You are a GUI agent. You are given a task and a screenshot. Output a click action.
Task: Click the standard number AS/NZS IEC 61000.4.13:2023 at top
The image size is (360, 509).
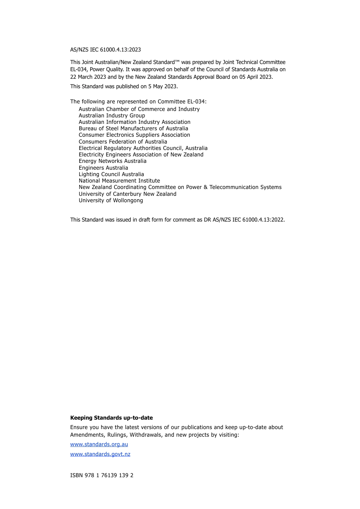point(105,50)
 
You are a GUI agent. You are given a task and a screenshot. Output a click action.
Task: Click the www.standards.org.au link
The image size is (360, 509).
point(99,444)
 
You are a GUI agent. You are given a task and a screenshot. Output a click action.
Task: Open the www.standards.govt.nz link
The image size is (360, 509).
point(100,454)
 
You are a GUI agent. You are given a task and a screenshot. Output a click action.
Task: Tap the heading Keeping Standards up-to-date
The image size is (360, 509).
point(111,418)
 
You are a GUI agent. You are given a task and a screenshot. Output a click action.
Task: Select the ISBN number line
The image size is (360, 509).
point(102,475)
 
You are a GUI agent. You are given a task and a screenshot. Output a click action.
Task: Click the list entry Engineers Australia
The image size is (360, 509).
point(103,168)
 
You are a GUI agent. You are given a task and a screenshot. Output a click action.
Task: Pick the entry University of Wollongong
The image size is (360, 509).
point(111,200)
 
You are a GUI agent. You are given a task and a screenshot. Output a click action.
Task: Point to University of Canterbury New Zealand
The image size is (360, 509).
point(127,194)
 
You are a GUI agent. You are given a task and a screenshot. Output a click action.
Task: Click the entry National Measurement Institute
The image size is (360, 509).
point(119,181)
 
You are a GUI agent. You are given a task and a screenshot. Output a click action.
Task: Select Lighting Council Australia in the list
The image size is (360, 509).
point(111,174)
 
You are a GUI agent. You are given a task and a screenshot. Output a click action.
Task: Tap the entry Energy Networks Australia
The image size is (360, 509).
point(112,161)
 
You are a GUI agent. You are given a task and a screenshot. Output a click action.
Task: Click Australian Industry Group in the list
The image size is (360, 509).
point(111,116)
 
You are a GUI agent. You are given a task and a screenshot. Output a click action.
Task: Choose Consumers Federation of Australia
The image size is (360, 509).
point(122,142)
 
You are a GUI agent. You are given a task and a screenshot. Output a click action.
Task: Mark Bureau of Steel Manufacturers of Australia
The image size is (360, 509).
point(133,128)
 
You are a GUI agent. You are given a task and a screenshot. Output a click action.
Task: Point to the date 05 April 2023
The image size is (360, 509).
point(255,77)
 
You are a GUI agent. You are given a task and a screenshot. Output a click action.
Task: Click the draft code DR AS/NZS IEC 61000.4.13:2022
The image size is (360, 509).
point(244,220)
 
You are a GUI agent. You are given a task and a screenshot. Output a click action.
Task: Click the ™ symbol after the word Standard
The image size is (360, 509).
point(177,61)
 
